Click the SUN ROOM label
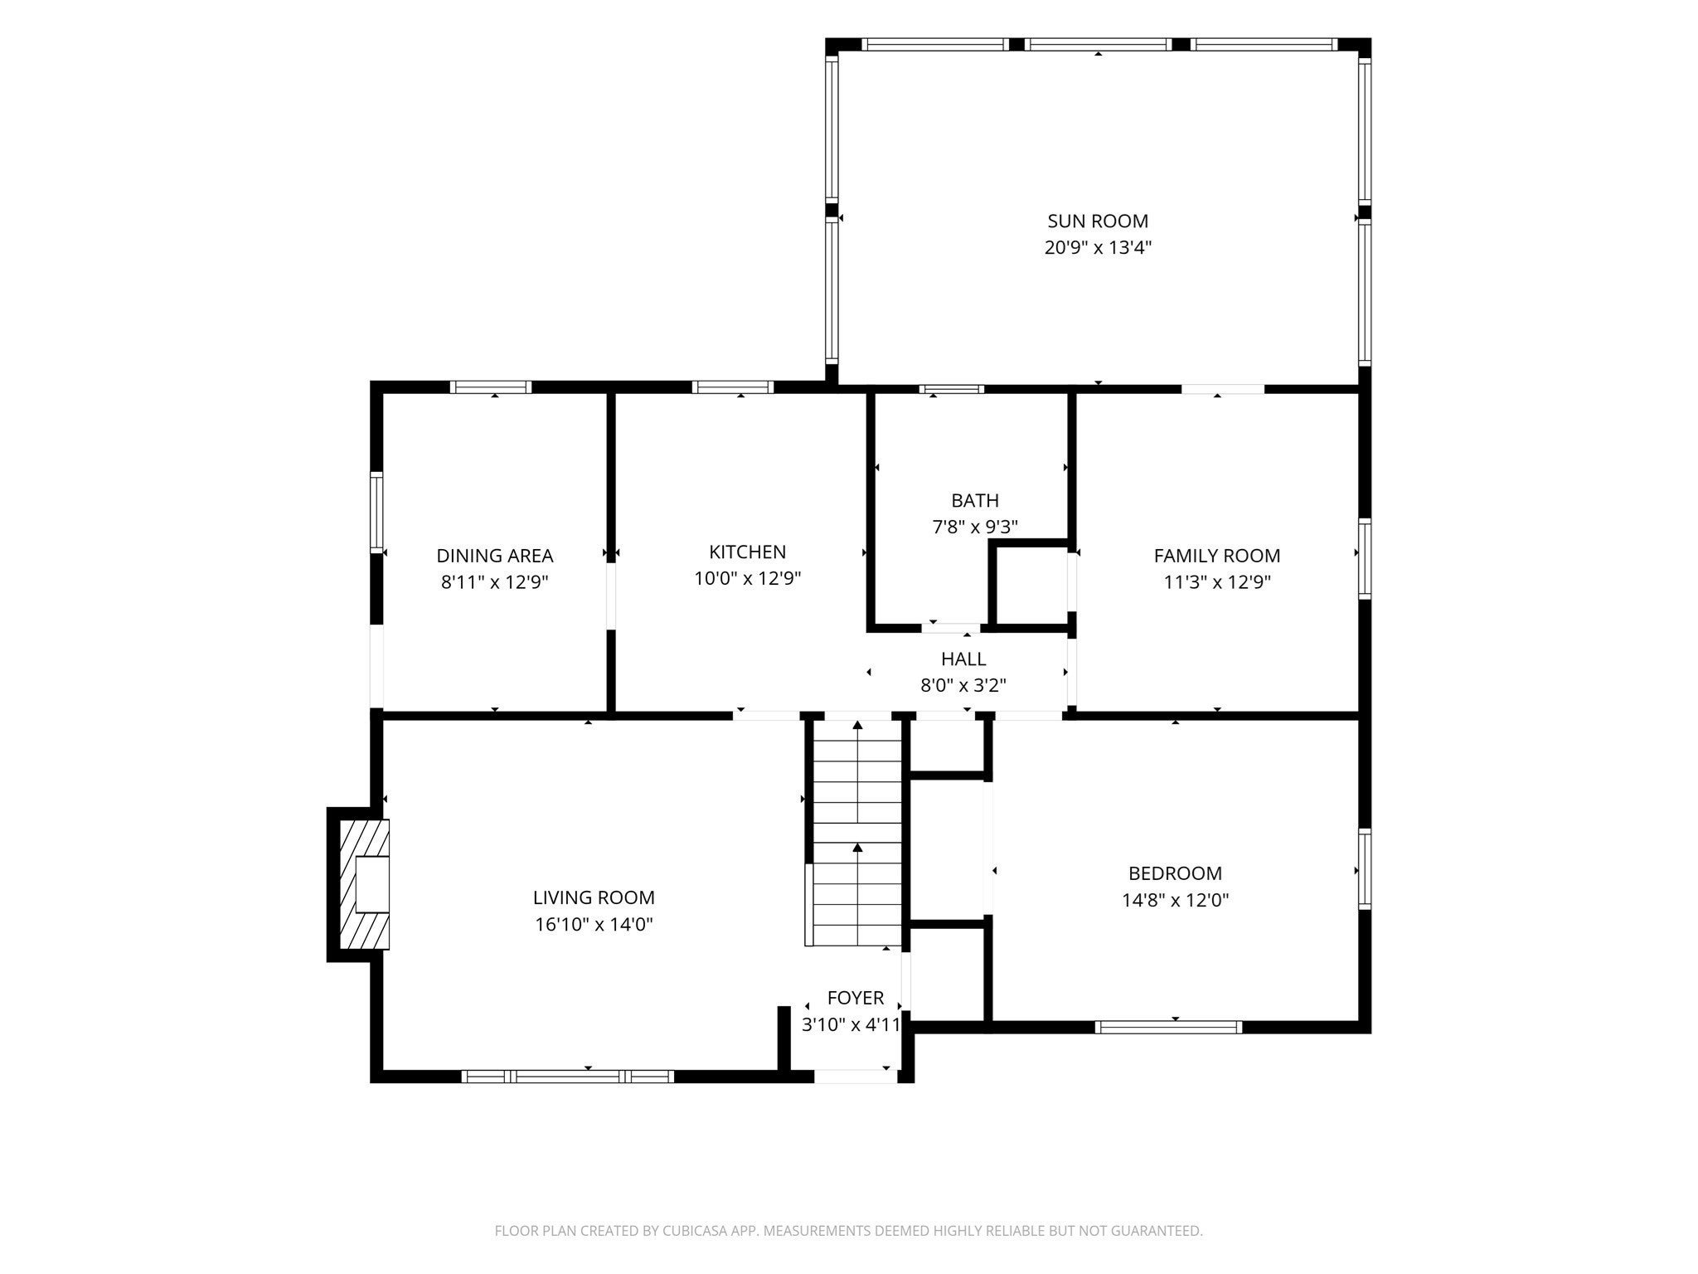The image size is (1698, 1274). [1098, 221]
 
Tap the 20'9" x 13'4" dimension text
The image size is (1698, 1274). [1098, 247]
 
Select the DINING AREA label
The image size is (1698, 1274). [495, 556]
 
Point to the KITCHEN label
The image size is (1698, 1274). [748, 552]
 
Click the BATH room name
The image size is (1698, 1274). [975, 500]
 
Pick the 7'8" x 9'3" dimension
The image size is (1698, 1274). [975, 527]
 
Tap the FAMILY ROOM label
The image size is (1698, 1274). [1217, 556]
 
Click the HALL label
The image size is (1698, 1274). [963, 659]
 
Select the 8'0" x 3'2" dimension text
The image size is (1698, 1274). [963, 685]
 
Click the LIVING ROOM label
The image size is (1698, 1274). [594, 897]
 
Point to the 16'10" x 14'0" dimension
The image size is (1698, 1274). [594, 924]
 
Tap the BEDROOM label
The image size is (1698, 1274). [1176, 873]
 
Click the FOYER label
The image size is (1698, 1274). [856, 998]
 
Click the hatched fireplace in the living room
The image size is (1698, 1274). [364, 884]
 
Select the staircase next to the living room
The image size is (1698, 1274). [856, 832]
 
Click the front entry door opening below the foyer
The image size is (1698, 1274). [856, 1077]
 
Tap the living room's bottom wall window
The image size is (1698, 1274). [568, 1077]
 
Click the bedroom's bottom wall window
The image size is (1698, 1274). [1169, 1027]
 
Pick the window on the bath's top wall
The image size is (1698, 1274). [952, 388]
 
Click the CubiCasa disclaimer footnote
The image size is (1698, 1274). [849, 1231]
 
